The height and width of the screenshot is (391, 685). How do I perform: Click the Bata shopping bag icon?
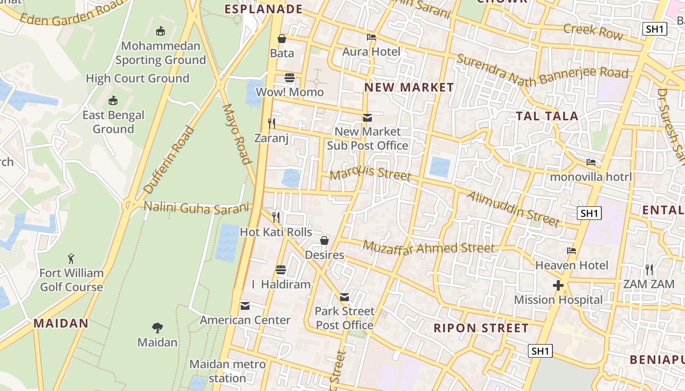pos(282,39)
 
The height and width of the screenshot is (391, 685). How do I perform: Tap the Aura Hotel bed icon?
pos(371,37)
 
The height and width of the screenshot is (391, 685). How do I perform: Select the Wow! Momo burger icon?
pos(290,78)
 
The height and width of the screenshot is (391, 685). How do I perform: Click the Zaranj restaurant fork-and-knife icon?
pos(272,123)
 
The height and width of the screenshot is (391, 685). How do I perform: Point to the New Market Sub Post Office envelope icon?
pos(367,118)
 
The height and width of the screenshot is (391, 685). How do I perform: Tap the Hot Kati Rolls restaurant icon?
pos(276,217)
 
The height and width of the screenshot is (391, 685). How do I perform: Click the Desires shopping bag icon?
pos(324,240)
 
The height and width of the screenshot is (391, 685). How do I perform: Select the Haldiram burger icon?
pos(281,269)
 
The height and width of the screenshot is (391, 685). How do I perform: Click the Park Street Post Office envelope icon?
pos(344,297)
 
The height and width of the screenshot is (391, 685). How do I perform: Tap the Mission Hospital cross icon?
pos(558,285)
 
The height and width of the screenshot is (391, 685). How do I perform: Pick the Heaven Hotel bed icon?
pos(571,251)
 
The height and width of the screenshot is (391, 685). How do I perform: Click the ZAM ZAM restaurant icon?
pos(649,269)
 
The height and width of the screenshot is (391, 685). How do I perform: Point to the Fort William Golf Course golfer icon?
pos(71,258)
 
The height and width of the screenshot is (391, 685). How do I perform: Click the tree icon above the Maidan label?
pos(157,327)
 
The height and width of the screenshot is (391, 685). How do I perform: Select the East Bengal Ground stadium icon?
pos(113,101)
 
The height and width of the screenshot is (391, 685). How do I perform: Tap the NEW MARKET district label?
pos(410,87)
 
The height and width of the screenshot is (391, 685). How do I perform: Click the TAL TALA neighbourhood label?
pos(547,116)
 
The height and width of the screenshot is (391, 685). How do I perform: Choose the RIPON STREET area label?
pos(481,328)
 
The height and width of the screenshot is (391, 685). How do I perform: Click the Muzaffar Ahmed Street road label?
pos(429,248)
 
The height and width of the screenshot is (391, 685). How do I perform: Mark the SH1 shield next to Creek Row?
pos(655,29)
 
